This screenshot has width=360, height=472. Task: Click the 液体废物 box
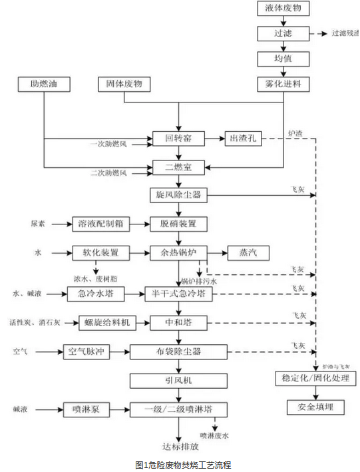point(283,9)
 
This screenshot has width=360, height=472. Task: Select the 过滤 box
point(283,33)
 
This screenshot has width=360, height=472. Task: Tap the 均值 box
point(283,59)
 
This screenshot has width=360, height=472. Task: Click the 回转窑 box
point(178,138)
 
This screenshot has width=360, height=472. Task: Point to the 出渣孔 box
point(244,138)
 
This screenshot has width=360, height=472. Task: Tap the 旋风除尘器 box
point(178,195)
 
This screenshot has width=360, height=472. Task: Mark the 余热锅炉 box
point(178,252)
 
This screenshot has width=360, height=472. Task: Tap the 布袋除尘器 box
point(178,351)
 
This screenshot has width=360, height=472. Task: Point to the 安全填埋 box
point(311,406)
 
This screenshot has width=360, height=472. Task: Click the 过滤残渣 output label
point(344,33)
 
